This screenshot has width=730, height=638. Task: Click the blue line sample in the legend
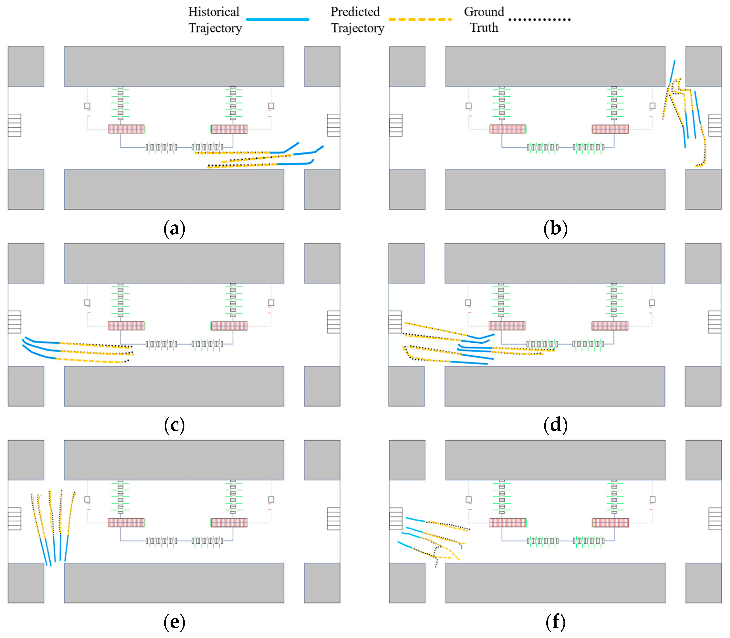pos(277,20)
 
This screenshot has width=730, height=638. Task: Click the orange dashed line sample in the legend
pos(420,20)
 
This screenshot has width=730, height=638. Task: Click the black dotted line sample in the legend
pos(539,20)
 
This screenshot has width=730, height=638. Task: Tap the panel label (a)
pos(174,228)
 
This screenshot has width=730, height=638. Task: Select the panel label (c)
pos(174,425)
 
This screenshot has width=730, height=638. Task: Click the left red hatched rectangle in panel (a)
pos(126,129)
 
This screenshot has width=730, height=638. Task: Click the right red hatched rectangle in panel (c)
pos(229,326)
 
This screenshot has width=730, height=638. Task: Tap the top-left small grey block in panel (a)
pos(26,66)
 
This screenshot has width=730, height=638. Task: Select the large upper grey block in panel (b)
pos(555,66)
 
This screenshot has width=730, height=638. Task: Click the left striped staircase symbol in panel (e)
pos(15,519)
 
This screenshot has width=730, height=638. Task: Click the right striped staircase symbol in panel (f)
pos(715,519)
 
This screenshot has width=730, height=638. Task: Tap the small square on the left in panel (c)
pos(87,303)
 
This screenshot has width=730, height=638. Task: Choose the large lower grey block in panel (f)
pos(555,583)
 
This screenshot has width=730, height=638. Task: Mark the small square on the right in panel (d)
pos(652,303)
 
